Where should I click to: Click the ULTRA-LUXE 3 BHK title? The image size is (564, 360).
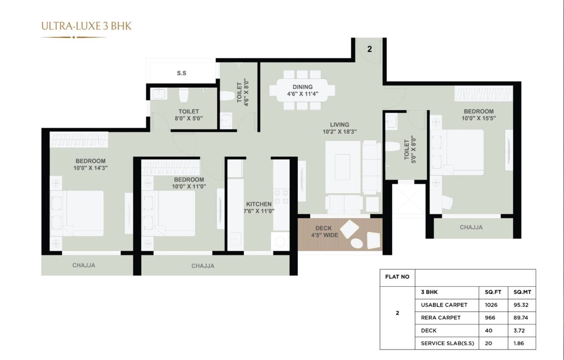coord(86,26)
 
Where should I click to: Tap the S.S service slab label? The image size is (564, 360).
coord(182,73)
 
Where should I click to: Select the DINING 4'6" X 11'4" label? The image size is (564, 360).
coord(303,90)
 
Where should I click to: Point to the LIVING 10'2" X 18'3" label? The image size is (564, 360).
coord(340,128)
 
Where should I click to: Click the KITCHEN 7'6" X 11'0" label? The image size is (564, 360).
coord(259,207)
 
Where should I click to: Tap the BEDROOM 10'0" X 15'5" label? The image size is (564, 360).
coord(479,115)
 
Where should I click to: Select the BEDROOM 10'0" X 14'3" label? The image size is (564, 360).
coord(91,164)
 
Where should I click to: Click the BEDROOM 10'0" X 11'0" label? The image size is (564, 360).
coord(189,183)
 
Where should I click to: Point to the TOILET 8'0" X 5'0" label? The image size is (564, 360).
coord(189,115)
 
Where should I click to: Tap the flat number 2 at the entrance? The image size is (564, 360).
coord(369,49)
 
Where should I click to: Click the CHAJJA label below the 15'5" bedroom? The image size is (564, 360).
coord(471,227)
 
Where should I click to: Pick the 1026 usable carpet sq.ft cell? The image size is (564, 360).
coord(491,305)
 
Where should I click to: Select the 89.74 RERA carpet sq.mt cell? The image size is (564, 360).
coord(521,318)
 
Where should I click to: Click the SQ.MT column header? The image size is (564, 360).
coord(522,292)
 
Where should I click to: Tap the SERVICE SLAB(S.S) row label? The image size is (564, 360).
coord(448,343)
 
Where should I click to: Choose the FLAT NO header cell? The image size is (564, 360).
coord(397,277)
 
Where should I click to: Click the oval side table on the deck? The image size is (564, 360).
coord(357,243)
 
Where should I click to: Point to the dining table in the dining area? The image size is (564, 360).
coord(302,90)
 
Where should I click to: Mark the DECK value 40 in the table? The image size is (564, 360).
coord(488,330)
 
